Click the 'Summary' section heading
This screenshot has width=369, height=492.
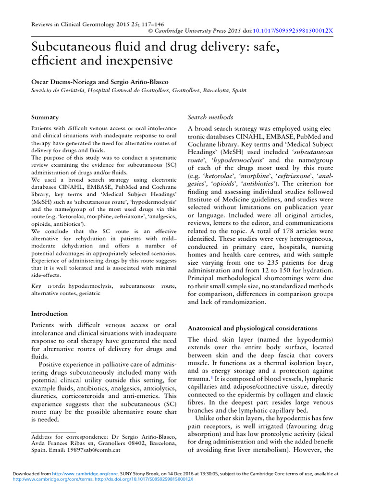[45, 117]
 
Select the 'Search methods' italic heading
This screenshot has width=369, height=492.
[210, 117]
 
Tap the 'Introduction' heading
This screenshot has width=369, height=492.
[49, 314]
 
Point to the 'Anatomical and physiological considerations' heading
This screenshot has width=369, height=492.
[252, 328]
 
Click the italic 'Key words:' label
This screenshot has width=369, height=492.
[46, 286]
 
